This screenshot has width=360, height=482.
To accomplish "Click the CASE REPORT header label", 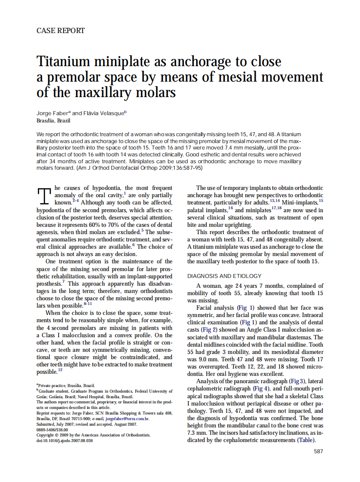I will (61, 31).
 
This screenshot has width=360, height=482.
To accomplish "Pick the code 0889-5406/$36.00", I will (52, 430).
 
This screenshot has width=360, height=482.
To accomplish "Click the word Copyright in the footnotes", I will (46, 435).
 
